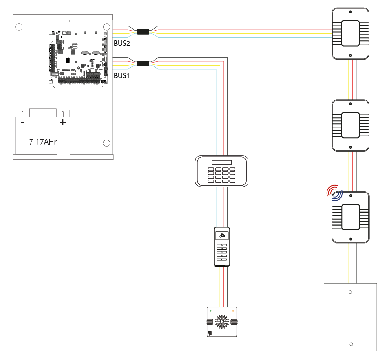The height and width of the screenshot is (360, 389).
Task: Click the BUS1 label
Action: click(121, 76)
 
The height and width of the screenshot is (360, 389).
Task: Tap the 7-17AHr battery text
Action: click(43, 141)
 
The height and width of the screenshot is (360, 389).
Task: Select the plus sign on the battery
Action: click(63, 122)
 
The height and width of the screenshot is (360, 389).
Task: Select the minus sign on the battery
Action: click(22, 122)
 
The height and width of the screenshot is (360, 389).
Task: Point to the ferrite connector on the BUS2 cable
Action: click(143, 32)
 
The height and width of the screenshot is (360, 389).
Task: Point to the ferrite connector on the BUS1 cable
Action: click(143, 64)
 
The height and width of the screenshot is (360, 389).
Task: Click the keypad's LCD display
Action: click(222, 162)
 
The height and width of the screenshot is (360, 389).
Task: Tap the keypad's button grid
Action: click(221, 175)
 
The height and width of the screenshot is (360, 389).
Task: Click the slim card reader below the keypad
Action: click(222, 246)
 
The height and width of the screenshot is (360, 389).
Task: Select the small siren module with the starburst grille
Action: click(222, 322)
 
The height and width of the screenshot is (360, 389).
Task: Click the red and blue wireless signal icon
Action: click(334, 192)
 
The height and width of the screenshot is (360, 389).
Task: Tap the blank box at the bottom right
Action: click(350, 317)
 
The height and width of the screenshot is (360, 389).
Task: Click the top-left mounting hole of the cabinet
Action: click(19, 27)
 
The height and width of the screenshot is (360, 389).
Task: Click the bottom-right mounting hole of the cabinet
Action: click(106, 143)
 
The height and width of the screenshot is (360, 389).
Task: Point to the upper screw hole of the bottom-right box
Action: click(350, 292)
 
